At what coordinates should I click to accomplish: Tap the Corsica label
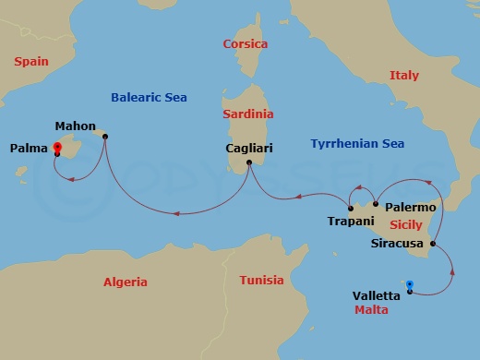click(246, 44)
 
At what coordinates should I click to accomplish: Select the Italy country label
click(403, 75)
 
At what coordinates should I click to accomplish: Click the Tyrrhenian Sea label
click(357, 145)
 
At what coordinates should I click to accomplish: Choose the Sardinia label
click(248, 114)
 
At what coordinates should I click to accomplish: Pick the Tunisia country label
click(261, 280)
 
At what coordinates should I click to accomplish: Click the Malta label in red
click(371, 311)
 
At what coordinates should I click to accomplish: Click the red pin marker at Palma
click(57, 147)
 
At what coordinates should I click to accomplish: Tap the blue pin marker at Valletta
click(410, 285)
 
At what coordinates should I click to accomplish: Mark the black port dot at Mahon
click(105, 138)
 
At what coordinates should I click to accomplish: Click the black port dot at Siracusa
click(434, 244)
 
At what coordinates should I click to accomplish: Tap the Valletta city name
click(377, 295)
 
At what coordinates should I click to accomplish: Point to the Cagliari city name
click(248, 148)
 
